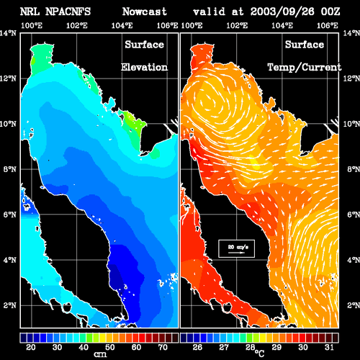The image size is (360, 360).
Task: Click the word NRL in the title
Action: click(30, 12)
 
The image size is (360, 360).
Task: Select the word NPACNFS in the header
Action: click(68, 12)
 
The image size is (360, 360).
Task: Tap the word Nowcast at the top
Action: click(145, 12)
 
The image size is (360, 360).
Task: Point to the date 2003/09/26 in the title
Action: click(282, 12)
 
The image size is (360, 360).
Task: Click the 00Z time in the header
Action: click(330, 12)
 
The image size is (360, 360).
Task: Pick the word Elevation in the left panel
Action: click(144, 67)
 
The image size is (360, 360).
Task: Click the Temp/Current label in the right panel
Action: click(305, 68)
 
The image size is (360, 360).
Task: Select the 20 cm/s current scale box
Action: click(236, 248)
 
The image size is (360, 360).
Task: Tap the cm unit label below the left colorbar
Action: click(100, 354)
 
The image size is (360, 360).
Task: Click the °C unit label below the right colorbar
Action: click(259, 354)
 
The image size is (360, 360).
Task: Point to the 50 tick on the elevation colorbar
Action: click(110, 347)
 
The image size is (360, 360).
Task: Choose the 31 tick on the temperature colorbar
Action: click(329, 347)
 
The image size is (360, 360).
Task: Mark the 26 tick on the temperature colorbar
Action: click(197, 347)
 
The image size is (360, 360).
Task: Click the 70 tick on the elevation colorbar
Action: click(163, 347)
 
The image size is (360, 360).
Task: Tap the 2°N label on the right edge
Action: click(354, 305)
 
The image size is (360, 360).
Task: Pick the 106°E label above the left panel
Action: click(167, 25)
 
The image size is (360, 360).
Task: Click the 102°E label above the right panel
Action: click(237, 25)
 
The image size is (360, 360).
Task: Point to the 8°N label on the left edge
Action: click(10, 169)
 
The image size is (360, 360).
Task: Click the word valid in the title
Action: click(209, 12)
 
